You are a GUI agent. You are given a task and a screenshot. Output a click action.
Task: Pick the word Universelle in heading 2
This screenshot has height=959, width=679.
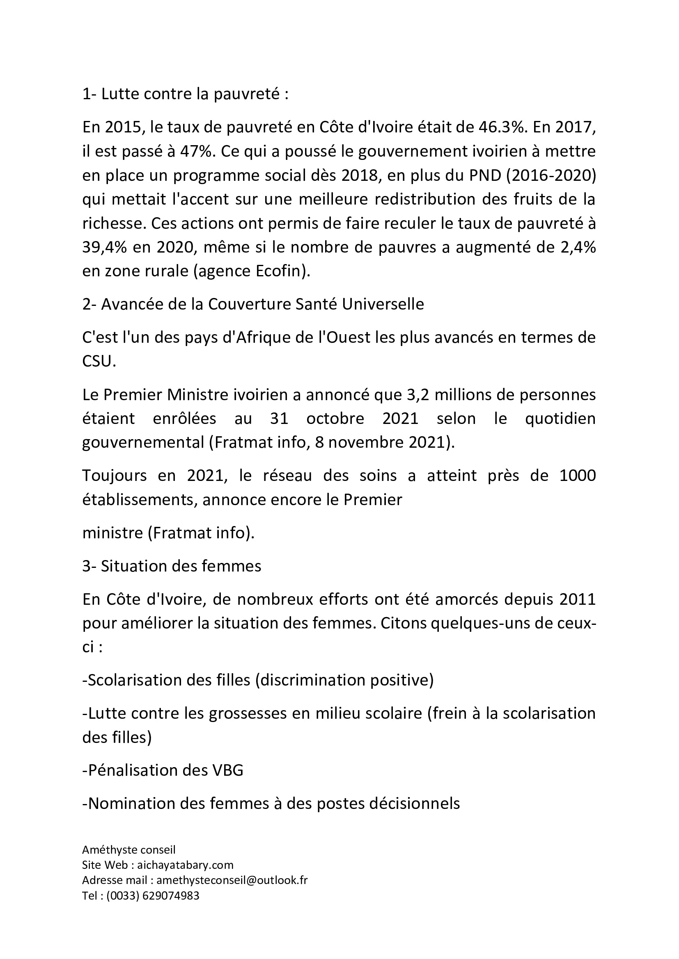[x=383, y=304]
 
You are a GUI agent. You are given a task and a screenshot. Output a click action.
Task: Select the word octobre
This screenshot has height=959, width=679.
[x=335, y=419]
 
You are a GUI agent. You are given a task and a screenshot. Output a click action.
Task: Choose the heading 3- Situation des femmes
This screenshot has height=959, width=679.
[x=172, y=566]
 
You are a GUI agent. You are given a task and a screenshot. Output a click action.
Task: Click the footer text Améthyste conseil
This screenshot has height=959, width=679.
[x=129, y=850]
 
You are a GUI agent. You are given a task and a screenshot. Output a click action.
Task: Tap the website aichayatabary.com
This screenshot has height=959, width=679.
[x=185, y=865]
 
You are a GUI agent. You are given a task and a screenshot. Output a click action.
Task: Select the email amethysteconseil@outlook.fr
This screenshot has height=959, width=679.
[x=232, y=880]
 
